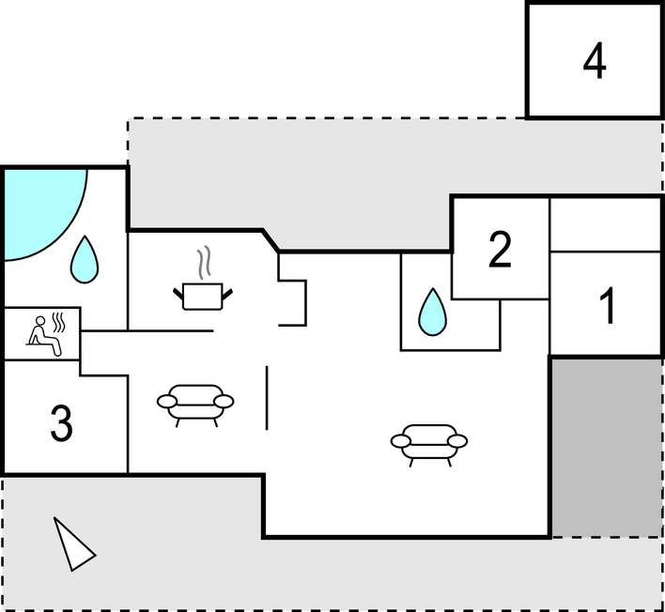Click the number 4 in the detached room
coord(594,62)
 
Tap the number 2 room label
coord(500,250)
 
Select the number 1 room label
coord(608,306)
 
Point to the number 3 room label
coord(61,424)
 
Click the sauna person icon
coord(44,336)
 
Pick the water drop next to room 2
coord(431,312)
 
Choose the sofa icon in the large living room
coord(429,442)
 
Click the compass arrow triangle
coord(72,544)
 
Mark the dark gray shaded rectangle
coord(606,446)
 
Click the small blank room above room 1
coord(606,224)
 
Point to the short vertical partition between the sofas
coord(268,398)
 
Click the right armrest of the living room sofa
coord(457,441)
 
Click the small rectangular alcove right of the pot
coord(293,300)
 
